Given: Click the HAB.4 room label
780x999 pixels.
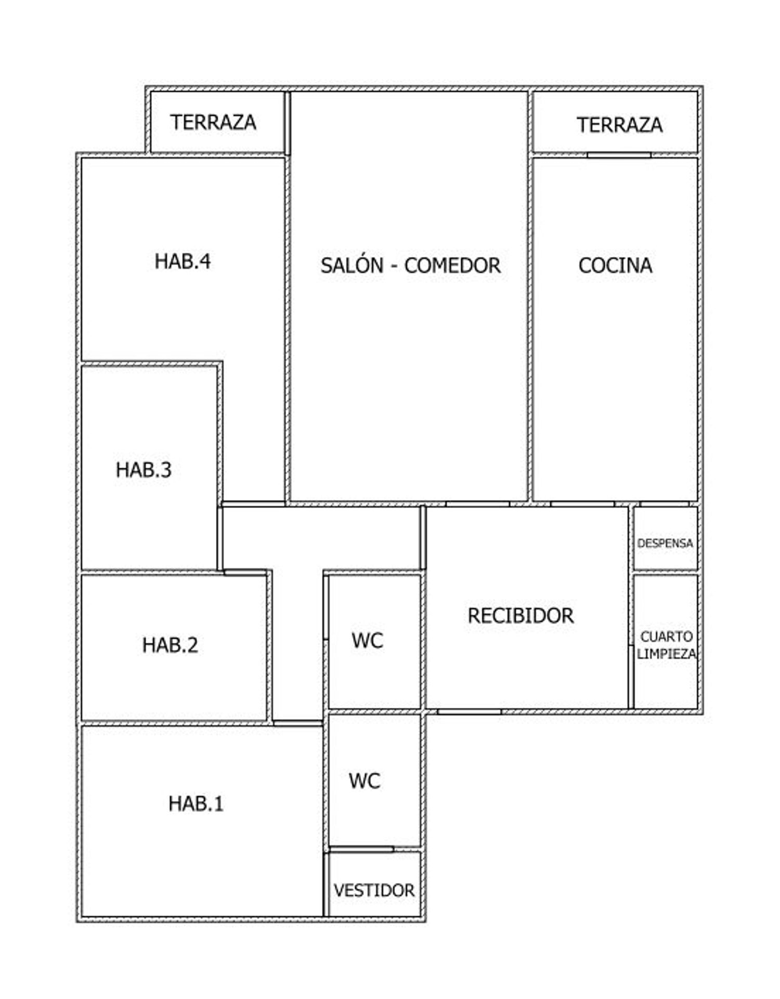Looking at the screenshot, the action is coord(183,261).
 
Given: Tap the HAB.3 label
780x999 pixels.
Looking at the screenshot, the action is coord(144,470).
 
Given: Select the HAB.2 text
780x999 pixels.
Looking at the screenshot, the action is coord(170,645).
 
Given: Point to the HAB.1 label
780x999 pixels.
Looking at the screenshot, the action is coord(196,803).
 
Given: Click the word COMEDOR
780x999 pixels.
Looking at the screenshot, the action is coord(452,265).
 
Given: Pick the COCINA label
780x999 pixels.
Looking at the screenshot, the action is coord(615,265).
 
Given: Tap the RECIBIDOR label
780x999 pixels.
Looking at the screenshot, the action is coord(521,616).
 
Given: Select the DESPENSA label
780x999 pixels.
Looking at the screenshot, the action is coord(665,543).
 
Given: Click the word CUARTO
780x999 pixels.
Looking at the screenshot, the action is coord(667,637).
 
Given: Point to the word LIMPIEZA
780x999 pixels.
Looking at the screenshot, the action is coord(667,654).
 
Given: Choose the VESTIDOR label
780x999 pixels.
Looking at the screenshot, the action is coord(374,890).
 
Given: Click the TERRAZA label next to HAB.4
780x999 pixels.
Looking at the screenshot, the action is coord(213,122).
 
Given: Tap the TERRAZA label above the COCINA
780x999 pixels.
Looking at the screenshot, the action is coord(620,125).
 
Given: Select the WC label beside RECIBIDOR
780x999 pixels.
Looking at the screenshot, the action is coord(367,640).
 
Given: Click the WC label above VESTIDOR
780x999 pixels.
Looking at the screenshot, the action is coord(365,781).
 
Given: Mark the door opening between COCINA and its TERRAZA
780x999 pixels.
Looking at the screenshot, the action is coord(619,154).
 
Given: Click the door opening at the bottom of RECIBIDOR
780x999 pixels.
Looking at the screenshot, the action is coord(469,711).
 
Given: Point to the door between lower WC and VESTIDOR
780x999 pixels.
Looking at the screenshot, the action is coord(361,850).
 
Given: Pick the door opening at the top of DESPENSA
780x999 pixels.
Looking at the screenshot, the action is coord(665,503).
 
